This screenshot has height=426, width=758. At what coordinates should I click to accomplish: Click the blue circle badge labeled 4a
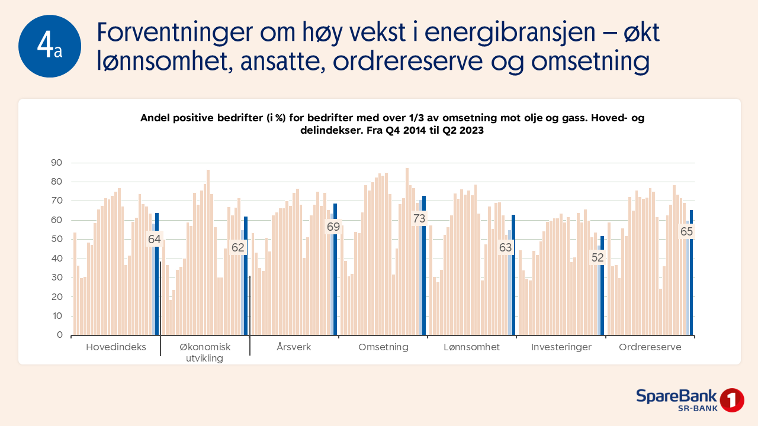50,46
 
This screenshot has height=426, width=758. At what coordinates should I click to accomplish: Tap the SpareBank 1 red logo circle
732,401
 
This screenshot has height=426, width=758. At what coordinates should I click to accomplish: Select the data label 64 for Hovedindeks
155,239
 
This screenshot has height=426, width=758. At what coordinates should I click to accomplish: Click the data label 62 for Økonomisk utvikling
237,247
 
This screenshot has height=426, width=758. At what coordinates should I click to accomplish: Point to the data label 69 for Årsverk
333,227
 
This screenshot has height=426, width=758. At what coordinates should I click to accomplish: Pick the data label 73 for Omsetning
419,218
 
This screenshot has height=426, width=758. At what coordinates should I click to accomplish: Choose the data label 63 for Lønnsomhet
506,247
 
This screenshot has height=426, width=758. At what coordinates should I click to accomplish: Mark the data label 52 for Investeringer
598,257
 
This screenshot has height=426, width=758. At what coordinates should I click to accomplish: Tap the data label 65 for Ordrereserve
686,231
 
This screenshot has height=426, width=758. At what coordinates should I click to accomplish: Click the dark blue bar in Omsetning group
424,266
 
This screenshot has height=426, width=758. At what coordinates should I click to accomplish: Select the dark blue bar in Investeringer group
602,286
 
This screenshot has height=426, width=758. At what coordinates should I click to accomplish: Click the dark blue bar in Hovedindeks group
157,274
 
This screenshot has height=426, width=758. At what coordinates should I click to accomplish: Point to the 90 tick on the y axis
56,163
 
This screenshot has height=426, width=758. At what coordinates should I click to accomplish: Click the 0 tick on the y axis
60,335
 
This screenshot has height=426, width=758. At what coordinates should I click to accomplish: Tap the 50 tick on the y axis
56,239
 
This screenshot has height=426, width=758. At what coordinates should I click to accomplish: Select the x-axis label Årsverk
294,347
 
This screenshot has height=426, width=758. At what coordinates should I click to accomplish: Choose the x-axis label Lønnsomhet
472,347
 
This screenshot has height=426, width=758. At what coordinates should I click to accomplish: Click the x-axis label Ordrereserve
650,347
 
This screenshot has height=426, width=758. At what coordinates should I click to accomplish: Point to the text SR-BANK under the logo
698,408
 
